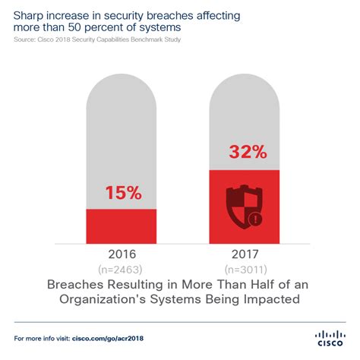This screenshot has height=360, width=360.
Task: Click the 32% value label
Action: click(245, 152)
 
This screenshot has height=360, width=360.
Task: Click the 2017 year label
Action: click(245, 254)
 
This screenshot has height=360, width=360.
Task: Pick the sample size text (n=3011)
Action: click(245, 268)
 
